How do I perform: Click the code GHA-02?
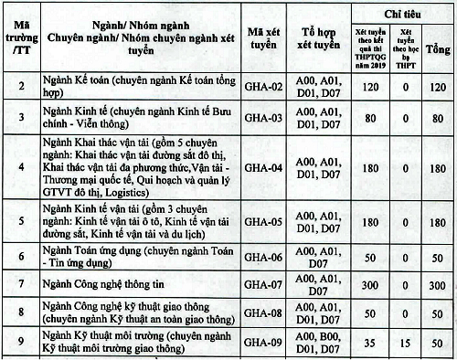coord(266,86)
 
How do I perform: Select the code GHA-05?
coord(266,221)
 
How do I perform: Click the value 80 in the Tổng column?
coord(437,117)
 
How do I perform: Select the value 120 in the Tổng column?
coord(437,86)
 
